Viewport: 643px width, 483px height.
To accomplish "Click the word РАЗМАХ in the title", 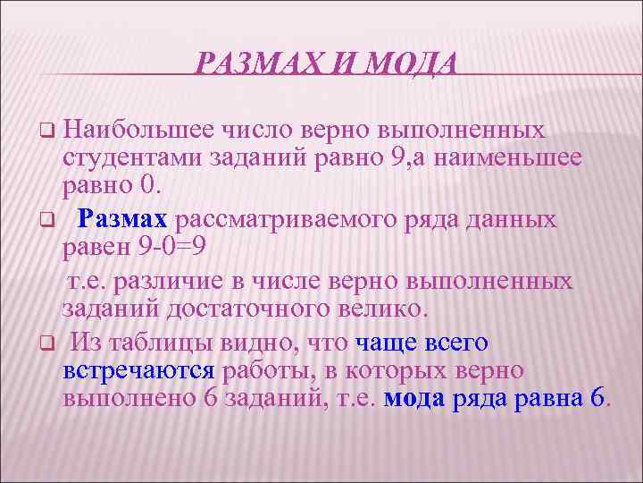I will click(x=254, y=64).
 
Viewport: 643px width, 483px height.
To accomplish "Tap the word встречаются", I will click(x=138, y=370).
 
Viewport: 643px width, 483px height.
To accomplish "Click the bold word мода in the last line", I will click(x=413, y=399).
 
